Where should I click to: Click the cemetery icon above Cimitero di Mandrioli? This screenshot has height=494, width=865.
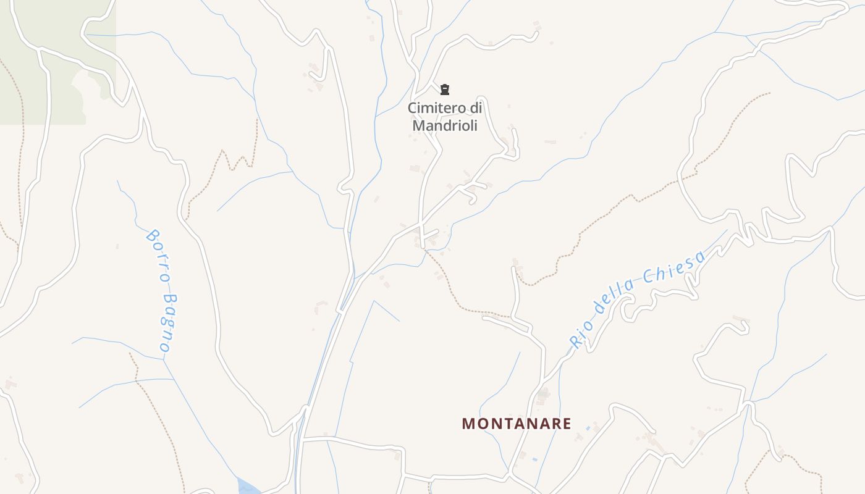(444, 90)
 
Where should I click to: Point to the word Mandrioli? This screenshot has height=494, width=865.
(445, 125)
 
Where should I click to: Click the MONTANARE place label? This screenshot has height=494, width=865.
(517, 424)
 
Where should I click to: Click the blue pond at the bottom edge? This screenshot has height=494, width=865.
(247, 487)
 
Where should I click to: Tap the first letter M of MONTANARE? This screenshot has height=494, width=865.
(468, 424)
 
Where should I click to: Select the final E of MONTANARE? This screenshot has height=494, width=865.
(567, 424)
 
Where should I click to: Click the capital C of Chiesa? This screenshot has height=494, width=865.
(649, 278)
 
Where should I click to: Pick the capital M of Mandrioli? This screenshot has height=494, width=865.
(419, 125)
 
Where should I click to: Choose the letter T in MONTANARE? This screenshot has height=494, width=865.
(505, 424)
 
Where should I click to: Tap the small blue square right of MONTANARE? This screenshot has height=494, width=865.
(588, 428)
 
